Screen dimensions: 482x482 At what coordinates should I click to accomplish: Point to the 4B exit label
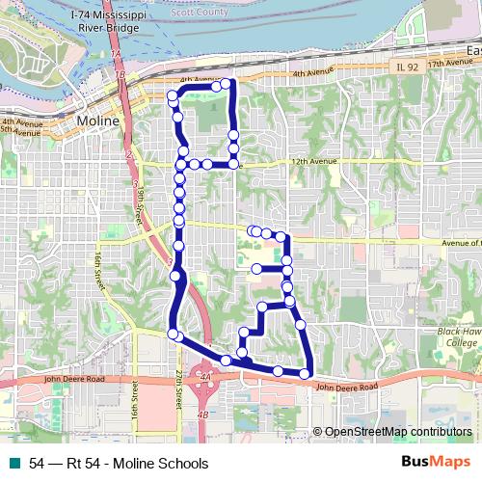202,415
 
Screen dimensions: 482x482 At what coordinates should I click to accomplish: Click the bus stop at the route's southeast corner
305,373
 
